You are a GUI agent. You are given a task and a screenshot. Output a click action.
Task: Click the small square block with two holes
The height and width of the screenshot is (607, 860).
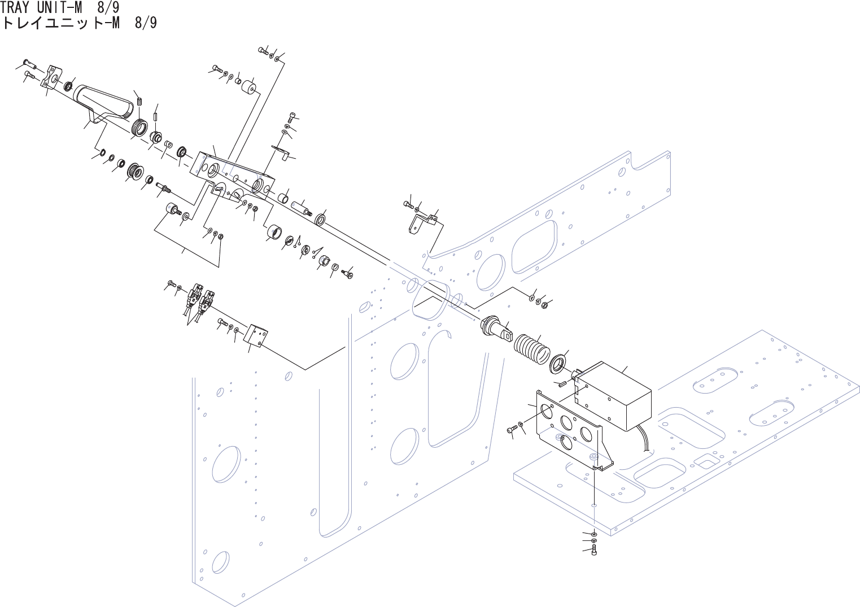256,337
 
